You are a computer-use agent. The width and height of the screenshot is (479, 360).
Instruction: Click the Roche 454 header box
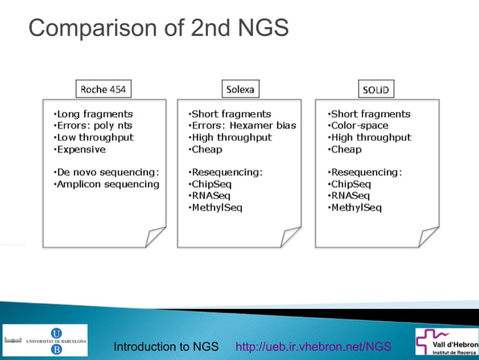[103, 89]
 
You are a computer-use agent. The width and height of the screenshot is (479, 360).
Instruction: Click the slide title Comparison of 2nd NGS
[158, 29]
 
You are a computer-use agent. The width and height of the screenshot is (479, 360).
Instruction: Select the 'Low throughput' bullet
[94, 138]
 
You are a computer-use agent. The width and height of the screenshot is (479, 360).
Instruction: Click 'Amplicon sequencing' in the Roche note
[107, 184]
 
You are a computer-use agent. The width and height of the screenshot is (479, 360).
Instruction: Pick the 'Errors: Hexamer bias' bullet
[243, 126]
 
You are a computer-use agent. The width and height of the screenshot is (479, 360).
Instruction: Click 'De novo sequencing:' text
[107, 171]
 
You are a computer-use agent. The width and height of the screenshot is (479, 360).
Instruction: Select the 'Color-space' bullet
[358, 126]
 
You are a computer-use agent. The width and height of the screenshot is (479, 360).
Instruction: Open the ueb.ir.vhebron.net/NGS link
[314, 346]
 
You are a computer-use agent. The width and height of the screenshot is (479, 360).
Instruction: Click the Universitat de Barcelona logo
[46, 340]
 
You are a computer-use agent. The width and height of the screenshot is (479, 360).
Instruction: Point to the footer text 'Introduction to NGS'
[166, 346]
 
